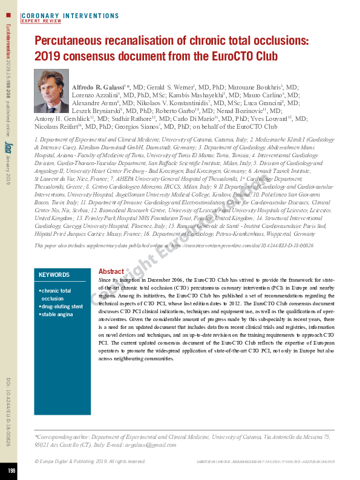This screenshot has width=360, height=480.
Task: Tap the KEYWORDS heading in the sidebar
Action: [x=54, y=274]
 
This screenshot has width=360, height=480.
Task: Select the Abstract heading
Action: [x=111, y=272]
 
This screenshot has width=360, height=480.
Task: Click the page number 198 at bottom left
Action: [x=11, y=470]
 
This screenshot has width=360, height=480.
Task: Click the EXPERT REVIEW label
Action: [x=42, y=21]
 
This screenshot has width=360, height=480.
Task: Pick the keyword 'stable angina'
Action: [x=59, y=314]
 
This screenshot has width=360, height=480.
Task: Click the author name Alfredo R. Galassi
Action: [x=100, y=88]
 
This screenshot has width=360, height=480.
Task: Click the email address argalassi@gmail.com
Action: [x=134, y=444]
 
